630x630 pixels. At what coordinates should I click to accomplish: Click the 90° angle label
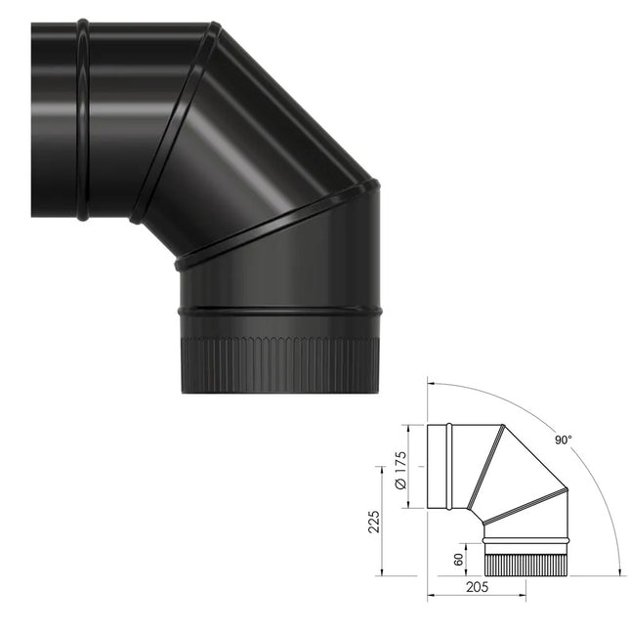pos(563,441)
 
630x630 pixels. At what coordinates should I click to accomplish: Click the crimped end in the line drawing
pos(525,560)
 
